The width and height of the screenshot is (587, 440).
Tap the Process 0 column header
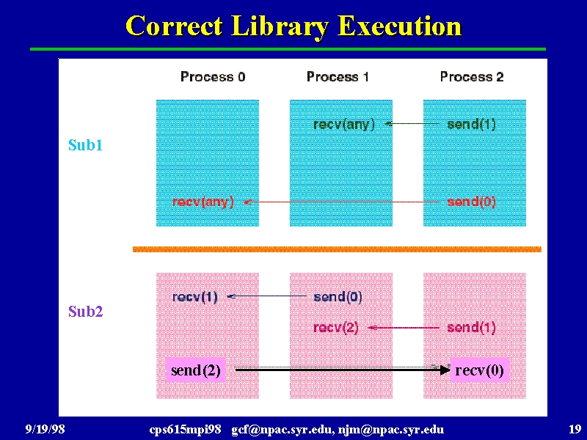(x=213, y=77)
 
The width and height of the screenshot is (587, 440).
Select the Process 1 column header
(x=338, y=77)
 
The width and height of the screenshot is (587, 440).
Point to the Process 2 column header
(x=472, y=77)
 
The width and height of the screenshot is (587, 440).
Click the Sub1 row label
(x=85, y=145)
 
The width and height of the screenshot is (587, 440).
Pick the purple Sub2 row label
(x=85, y=311)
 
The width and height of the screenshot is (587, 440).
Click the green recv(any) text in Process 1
(x=343, y=124)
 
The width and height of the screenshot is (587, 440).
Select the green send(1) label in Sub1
(x=471, y=124)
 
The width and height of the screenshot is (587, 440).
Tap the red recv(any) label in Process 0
(x=203, y=202)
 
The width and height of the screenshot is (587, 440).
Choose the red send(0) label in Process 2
(x=471, y=202)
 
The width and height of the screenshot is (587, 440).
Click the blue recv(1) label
(x=194, y=297)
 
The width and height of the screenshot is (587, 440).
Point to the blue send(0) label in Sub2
(x=338, y=297)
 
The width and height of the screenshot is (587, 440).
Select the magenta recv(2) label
(x=336, y=328)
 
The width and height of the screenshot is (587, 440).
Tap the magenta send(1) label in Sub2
(x=471, y=328)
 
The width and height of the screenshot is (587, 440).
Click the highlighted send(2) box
(x=195, y=370)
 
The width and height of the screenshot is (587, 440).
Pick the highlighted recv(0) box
(x=480, y=370)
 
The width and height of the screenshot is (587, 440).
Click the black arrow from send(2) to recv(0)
(x=343, y=370)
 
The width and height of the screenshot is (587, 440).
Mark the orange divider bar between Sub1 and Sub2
(x=337, y=249)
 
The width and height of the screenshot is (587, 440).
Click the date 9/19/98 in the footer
(x=45, y=429)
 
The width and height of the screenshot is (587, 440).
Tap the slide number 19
(x=575, y=429)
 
